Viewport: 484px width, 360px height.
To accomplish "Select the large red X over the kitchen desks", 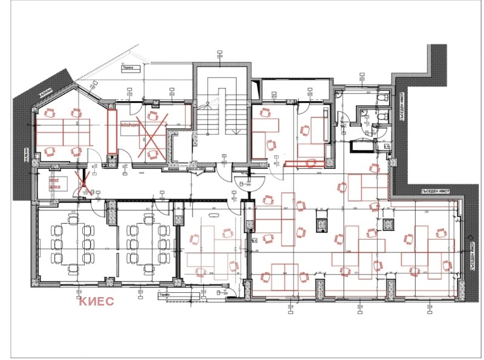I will coord(151,133).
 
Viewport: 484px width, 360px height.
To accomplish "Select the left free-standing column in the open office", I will coord(321,224).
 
